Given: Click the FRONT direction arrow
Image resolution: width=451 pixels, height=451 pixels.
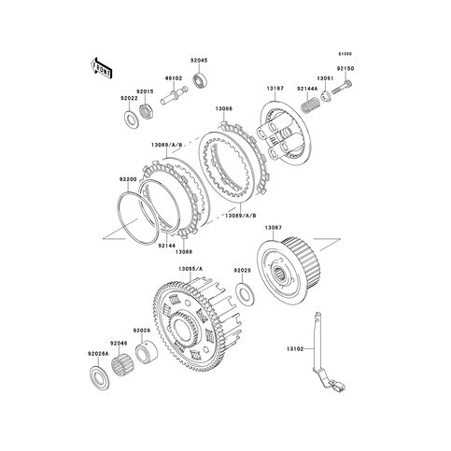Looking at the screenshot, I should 100,69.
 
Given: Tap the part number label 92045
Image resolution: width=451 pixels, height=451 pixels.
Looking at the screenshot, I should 200,60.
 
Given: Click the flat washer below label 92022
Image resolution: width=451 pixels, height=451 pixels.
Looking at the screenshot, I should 128,120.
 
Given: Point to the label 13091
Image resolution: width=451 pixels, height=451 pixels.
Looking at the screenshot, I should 323,78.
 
